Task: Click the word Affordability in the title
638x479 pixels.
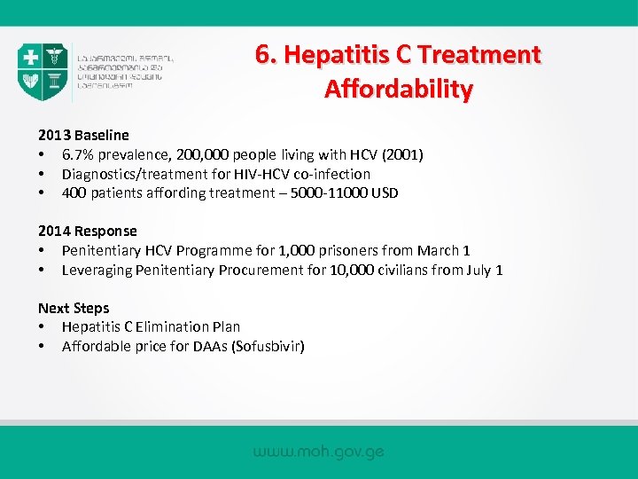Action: (x=399, y=90)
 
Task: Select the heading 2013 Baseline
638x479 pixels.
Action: (x=83, y=136)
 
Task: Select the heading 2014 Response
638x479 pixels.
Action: (x=87, y=232)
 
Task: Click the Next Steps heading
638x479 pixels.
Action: (x=74, y=309)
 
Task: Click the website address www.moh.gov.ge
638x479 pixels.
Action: (x=318, y=452)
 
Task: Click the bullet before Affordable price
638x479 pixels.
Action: (x=43, y=346)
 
